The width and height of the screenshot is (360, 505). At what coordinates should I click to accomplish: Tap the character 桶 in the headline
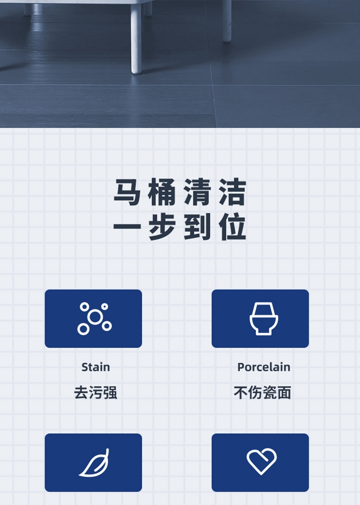click(x=162, y=192)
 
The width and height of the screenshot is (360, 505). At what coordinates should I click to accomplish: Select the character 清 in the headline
click(x=197, y=192)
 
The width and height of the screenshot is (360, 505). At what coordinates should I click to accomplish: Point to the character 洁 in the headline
click(x=232, y=192)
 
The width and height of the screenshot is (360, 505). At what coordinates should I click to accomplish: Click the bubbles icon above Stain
click(x=95, y=319)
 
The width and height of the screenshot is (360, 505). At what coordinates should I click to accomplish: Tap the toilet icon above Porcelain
click(x=264, y=318)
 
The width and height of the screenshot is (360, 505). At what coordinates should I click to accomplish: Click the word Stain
click(x=96, y=367)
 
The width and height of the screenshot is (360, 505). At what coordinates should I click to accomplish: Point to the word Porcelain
click(x=264, y=367)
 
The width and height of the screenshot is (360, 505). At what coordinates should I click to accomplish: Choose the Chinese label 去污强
click(x=96, y=393)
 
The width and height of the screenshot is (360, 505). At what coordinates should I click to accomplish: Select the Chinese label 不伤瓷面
click(x=263, y=393)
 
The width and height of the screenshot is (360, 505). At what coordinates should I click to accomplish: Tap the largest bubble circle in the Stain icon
click(x=95, y=317)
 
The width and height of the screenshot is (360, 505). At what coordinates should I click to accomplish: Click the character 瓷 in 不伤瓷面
click(x=270, y=393)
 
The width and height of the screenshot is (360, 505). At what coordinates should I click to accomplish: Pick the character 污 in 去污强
click(x=96, y=393)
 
